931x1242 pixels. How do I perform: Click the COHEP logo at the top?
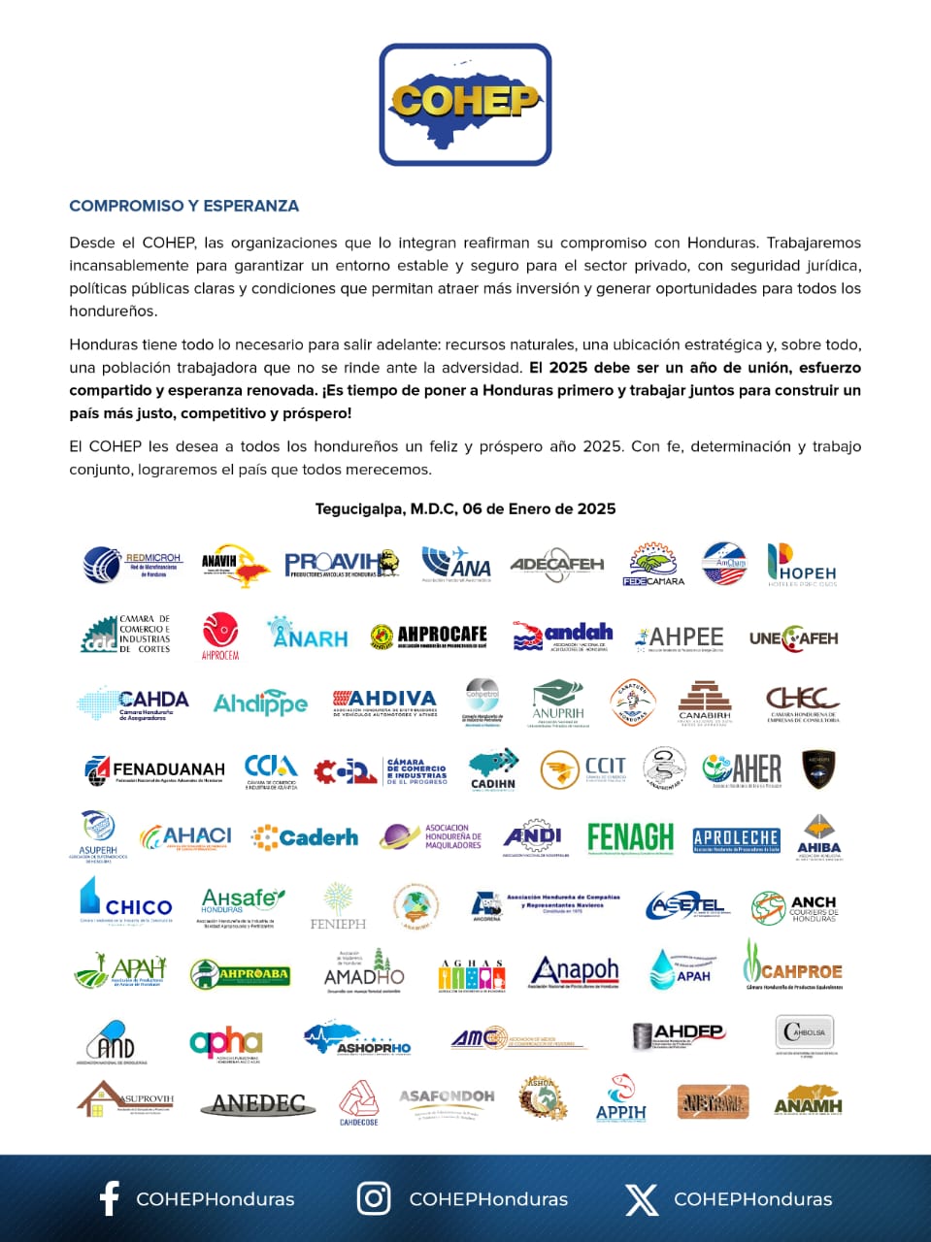465,104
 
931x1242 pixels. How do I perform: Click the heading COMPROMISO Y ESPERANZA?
183,206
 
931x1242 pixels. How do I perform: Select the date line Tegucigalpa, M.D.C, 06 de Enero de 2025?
465,508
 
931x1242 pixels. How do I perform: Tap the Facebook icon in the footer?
110,1198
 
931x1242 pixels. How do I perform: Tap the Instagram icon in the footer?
374,1198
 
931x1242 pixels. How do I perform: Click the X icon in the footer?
641,1198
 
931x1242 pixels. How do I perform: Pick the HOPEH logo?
801,565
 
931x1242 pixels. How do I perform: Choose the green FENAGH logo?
630,836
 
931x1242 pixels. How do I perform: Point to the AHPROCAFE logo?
428,636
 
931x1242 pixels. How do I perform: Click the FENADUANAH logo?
154,770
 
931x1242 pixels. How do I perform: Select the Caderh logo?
305,836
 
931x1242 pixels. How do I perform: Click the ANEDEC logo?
258,1103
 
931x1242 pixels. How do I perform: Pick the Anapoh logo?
574,970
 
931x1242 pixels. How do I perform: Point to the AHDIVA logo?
384,701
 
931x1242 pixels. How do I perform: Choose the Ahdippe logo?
260,703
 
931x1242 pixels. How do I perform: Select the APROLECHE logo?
736,838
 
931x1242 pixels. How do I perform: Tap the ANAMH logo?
808,1101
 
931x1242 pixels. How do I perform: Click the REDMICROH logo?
133,564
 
